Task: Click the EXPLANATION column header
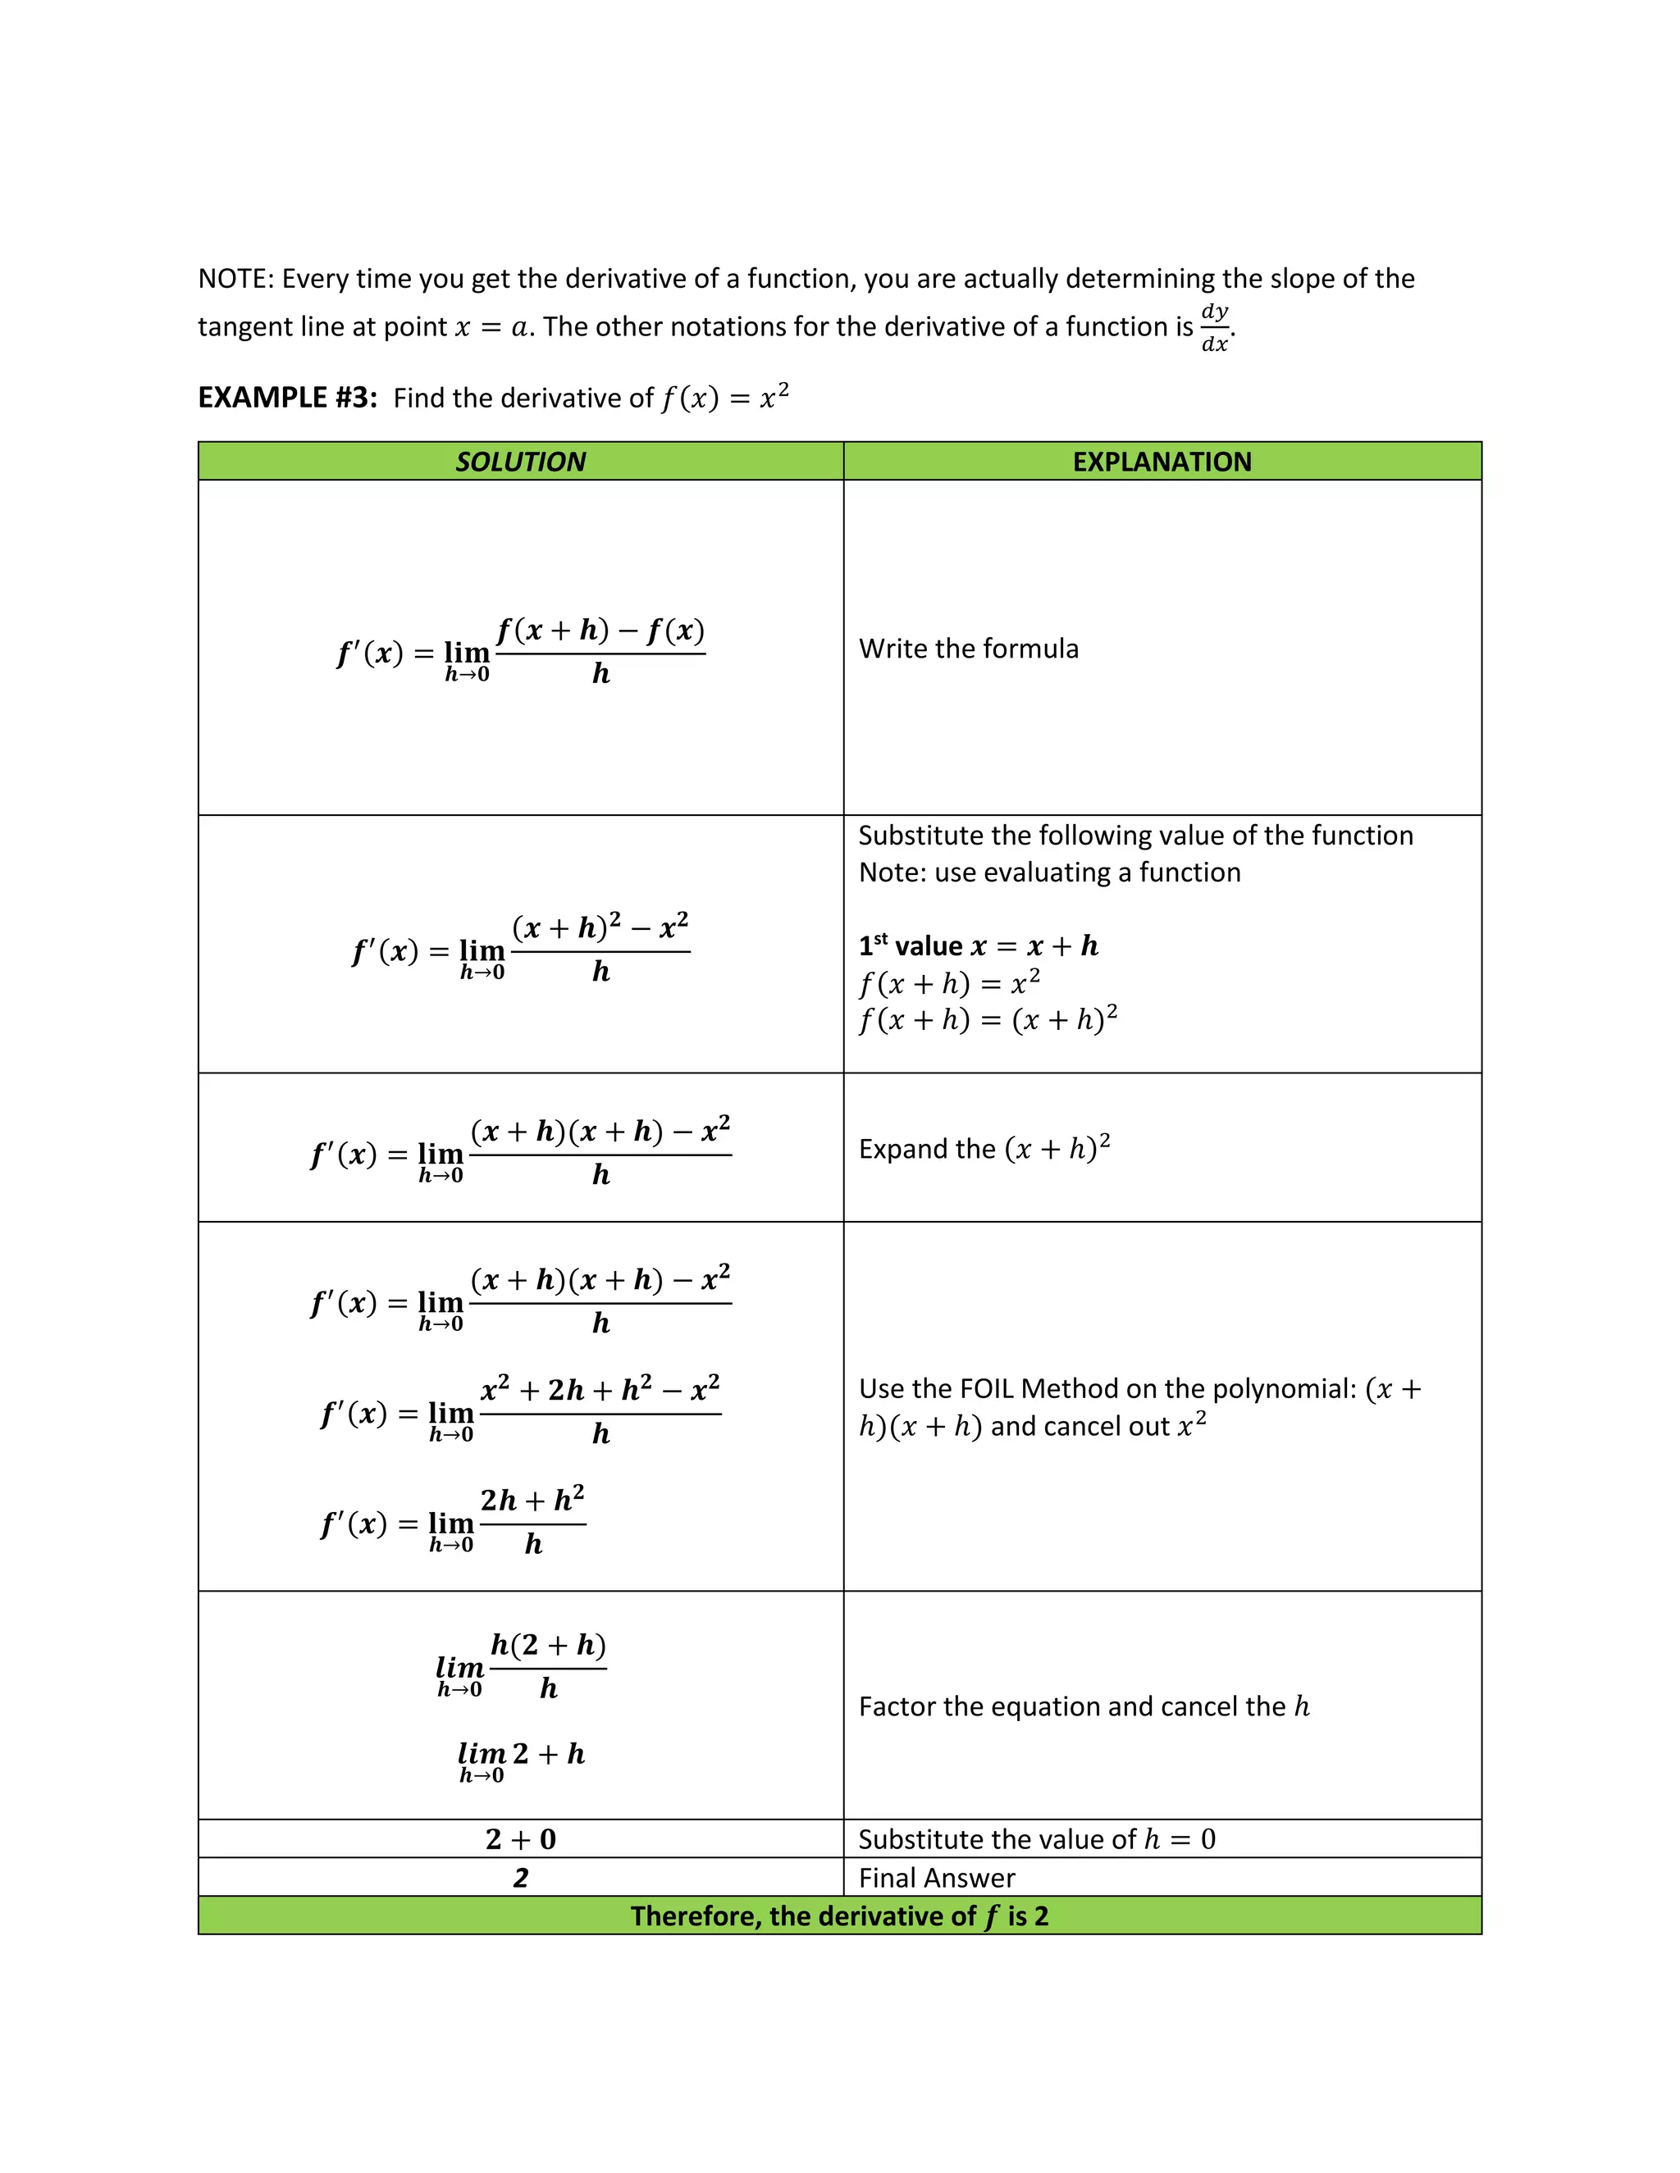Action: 1162,462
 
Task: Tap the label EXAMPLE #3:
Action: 286,398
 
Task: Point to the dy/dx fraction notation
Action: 1214,327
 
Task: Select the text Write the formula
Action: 969,649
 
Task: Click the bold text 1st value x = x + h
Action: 979,945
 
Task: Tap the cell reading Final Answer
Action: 937,1878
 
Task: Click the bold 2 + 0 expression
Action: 521,1838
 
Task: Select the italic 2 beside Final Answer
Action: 521,1878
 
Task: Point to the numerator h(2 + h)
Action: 549,1646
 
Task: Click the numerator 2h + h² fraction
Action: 532,1500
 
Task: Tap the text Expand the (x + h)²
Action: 984,1149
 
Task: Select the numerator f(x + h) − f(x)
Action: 600,630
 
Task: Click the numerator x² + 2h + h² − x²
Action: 600,1389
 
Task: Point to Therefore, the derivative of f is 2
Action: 839,1916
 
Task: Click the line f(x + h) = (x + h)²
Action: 988,1020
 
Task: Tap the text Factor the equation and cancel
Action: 1073,1706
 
